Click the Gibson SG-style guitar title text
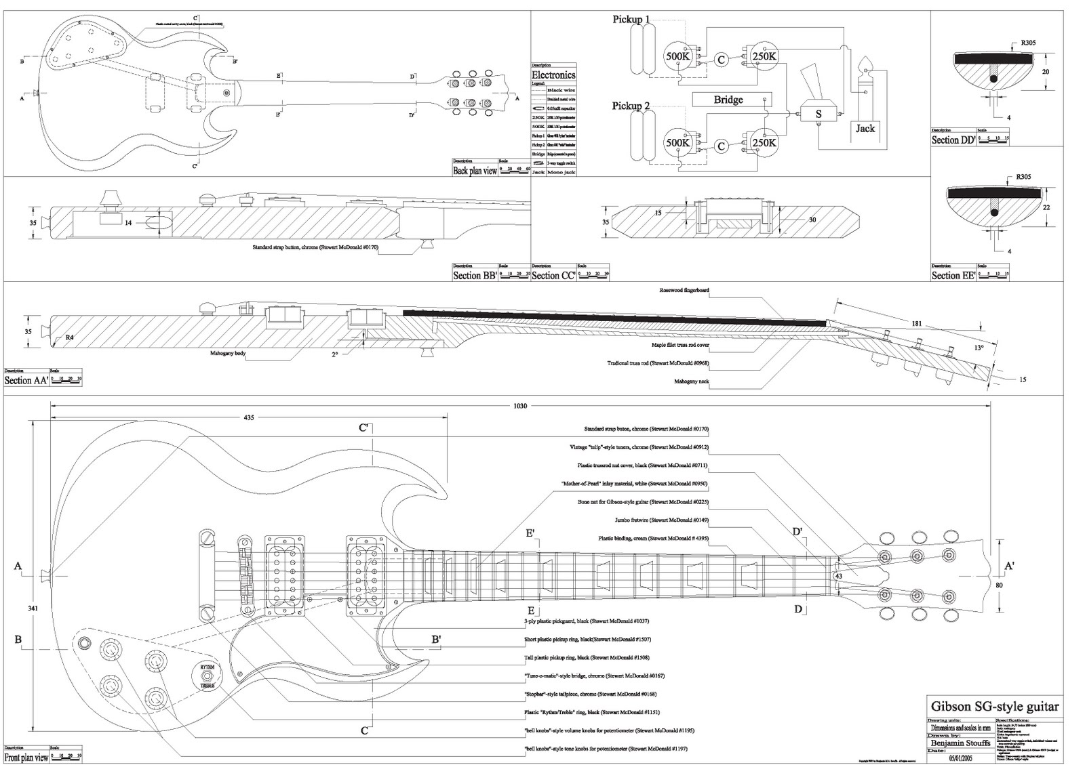[994, 707]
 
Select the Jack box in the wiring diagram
[865, 128]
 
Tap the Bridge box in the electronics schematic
[728, 100]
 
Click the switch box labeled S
[818, 114]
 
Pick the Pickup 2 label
[631, 106]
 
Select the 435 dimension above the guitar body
[249, 418]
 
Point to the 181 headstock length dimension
[916, 324]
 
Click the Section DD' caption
[953, 140]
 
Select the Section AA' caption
[26, 380]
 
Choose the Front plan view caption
[26, 757]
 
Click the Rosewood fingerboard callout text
[684, 290]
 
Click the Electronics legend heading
[553, 75]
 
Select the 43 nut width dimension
[839, 575]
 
